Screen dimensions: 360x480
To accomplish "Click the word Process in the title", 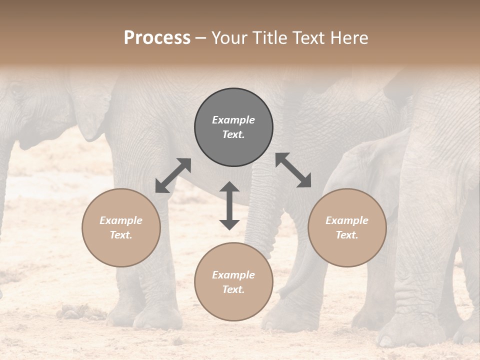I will click(157, 38).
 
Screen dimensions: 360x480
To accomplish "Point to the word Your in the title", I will click(228, 38).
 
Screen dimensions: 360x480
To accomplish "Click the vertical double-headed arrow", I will click(229, 205).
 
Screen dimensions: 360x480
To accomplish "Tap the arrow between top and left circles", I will click(173, 175).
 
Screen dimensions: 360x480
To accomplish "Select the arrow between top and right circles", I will click(293, 170).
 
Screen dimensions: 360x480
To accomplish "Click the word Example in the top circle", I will click(233, 120).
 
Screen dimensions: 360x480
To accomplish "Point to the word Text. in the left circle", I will click(121, 235).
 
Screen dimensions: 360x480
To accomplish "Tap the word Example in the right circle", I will click(347, 220).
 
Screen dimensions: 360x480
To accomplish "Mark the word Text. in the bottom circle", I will click(233, 289).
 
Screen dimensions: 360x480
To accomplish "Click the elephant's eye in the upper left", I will click(16, 91).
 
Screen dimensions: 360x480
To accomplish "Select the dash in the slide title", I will click(200, 38).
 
